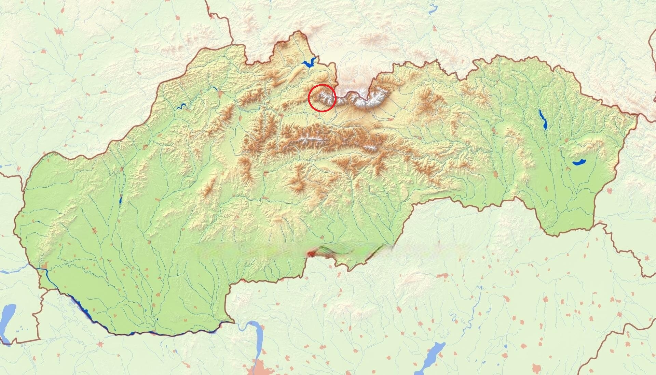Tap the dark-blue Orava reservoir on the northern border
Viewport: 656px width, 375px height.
310,63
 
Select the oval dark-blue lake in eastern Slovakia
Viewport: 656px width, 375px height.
579,162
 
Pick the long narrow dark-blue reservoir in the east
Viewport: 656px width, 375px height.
542,119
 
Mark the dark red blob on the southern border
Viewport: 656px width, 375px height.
311,254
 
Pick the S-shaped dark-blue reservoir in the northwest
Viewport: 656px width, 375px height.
181,106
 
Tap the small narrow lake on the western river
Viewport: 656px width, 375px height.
120,200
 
